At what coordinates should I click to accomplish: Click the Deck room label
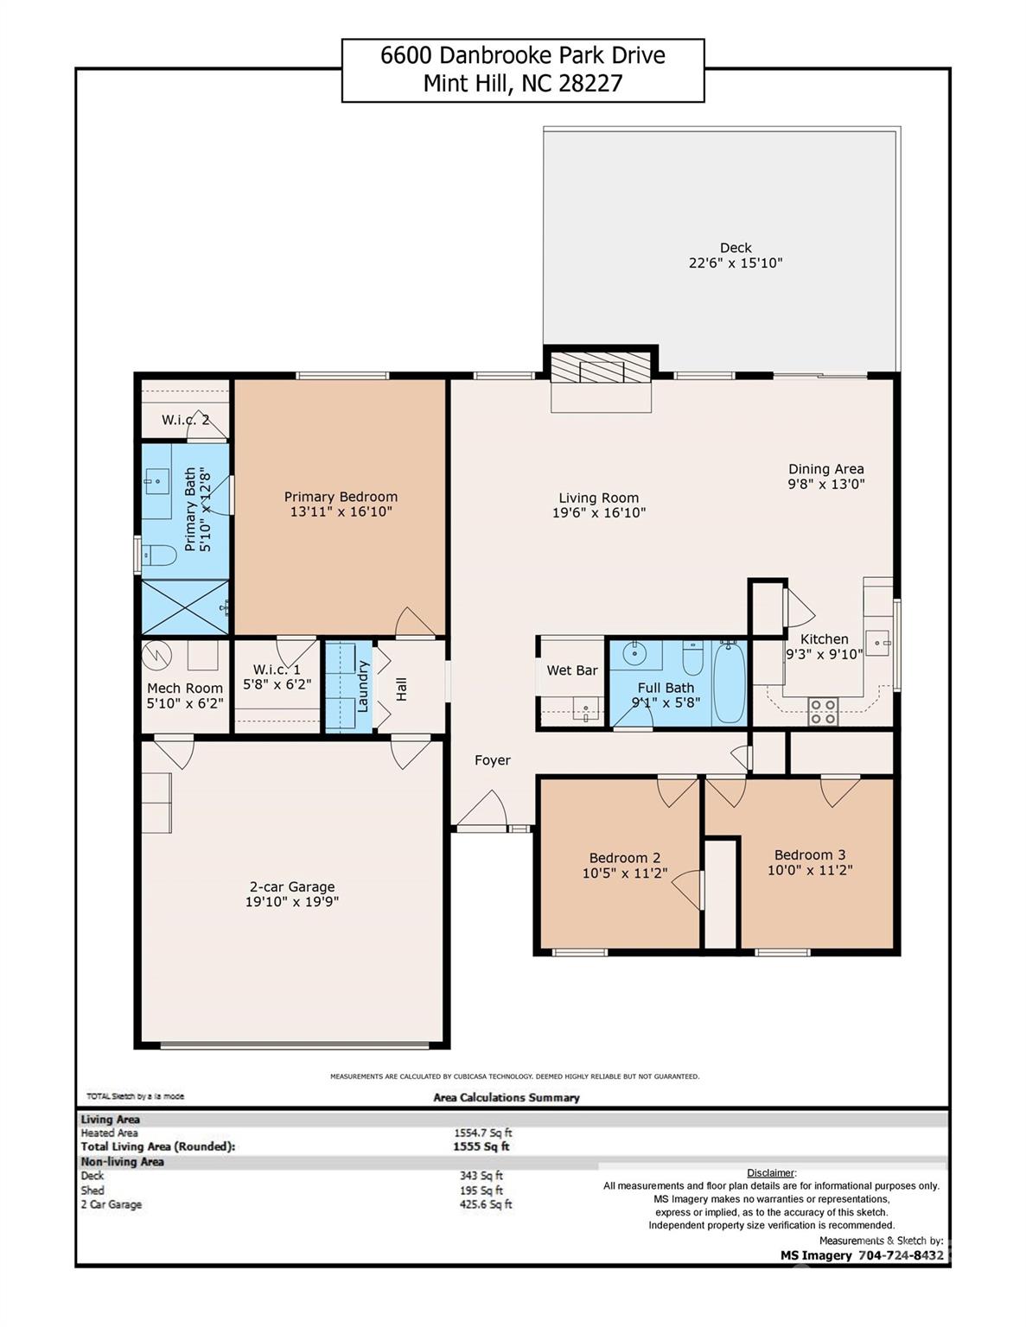point(736,248)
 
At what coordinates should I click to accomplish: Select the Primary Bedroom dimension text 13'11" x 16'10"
point(341,511)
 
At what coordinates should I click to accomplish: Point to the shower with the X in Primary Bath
point(184,607)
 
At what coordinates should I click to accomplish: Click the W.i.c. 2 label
point(185,420)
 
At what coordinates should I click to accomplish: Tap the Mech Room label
point(185,688)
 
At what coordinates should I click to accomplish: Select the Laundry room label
point(363,687)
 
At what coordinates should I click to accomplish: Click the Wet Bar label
point(572,670)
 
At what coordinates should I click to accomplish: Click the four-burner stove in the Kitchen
point(822,711)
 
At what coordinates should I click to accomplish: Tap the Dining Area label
point(825,469)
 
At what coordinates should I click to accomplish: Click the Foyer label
point(493,760)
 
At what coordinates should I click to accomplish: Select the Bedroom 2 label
point(625,858)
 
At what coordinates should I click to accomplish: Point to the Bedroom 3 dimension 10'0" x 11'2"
point(810,870)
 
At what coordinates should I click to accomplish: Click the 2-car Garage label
point(292,886)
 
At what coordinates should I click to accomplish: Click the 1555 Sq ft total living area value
point(481,1146)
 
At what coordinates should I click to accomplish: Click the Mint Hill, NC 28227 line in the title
point(523,84)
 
